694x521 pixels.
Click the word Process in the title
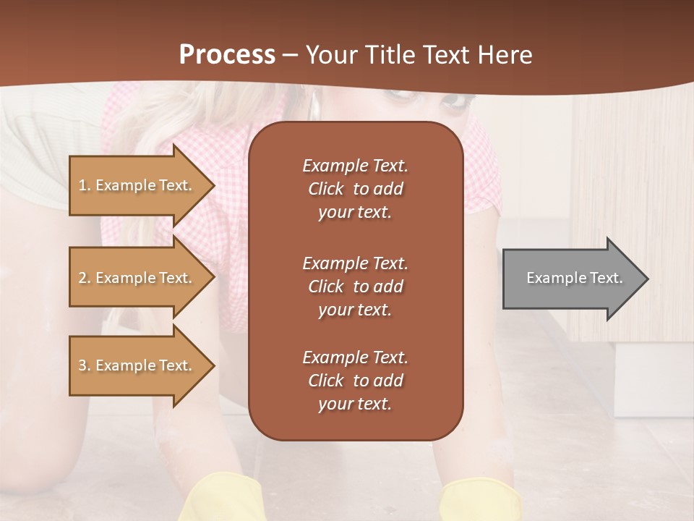[227, 55]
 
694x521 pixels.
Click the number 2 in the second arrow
[82, 278]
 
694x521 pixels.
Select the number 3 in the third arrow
[82, 365]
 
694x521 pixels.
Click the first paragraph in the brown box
[355, 189]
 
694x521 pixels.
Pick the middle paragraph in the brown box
[355, 287]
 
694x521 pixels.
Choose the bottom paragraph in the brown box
[355, 381]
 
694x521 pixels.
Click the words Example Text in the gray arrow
[575, 278]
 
